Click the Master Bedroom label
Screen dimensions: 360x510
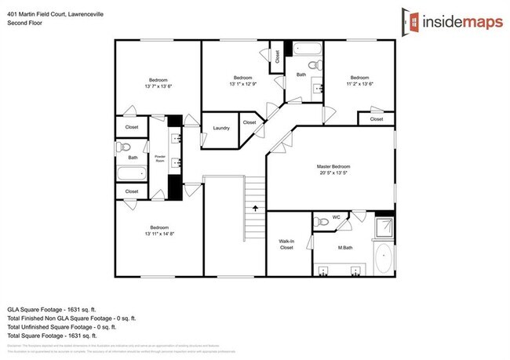333,167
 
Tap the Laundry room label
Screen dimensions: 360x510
220,127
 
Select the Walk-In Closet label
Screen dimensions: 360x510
286,245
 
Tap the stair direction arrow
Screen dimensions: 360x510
255,208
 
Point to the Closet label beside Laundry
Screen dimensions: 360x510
250,123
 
